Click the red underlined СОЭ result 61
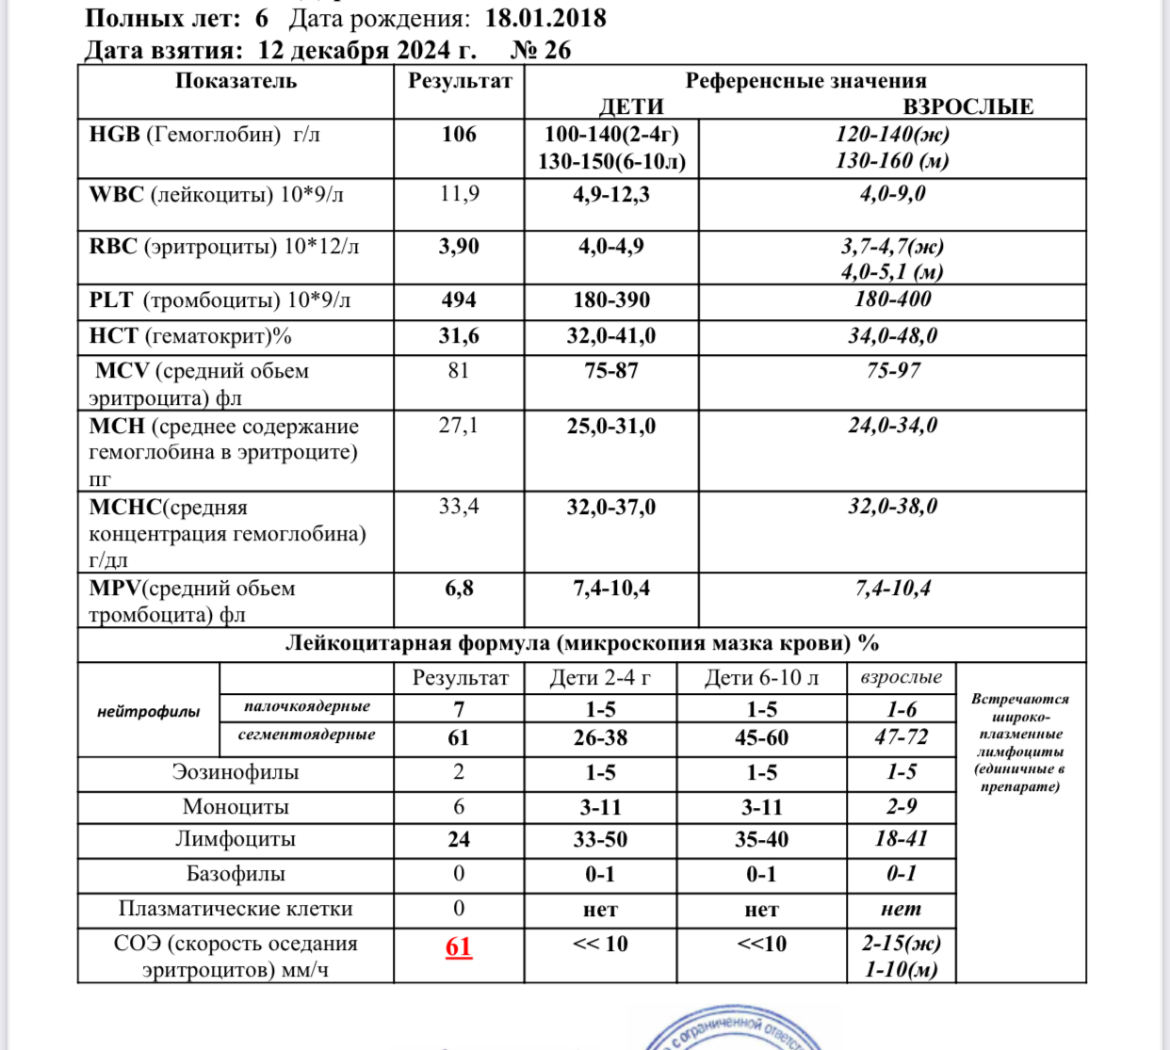(x=459, y=945)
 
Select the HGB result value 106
(x=459, y=135)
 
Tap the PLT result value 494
(x=459, y=300)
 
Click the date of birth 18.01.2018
(x=545, y=18)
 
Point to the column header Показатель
(x=236, y=81)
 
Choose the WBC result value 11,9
(x=459, y=194)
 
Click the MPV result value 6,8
(x=459, y=589)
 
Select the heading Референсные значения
(x=805, y=81)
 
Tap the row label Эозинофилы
(x=236, y=772)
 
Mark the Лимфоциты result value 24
(x=459, y=839)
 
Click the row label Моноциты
(x=236, y=807)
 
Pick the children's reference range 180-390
(x=611, y=300)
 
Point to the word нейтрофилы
(x=148, y=712)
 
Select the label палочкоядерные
(x=306, y=706)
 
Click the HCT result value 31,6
(x=459, y=336)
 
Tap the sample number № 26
(x=541, y=50)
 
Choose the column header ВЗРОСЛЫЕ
(x=967, y=106)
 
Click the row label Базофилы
(x=236, y=874)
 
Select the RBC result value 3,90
(x=459, y=247)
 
